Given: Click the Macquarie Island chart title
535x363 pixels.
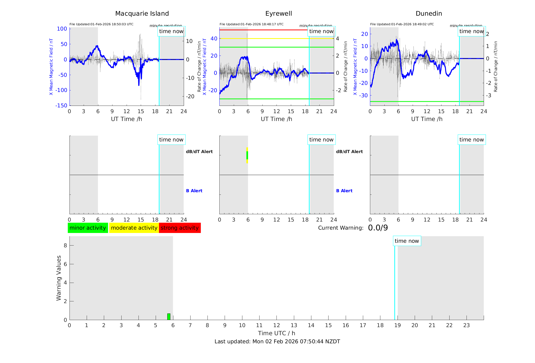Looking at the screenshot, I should (x=142, y=14).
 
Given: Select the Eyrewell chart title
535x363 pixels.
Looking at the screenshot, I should (x=278, y=14).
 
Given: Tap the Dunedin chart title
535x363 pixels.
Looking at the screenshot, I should (x=429, y=14).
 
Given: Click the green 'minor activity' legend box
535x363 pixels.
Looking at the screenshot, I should (x=88, y=228).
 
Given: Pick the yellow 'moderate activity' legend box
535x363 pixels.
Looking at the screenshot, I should (x=134, y=228).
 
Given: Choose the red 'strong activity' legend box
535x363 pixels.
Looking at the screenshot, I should (x=180, y=228).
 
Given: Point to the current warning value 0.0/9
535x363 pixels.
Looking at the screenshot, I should (x=378, y=228).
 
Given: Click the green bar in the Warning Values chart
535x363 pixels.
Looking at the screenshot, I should (x=169, y=317).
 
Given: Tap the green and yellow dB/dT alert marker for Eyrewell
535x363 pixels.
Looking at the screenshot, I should (x=247, y=155).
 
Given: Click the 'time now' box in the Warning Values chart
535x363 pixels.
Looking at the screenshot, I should (x=407, y=241).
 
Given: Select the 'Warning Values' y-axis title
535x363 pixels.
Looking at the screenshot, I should (x=59, y=278).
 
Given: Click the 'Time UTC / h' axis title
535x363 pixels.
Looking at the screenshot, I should (x=276, y=333).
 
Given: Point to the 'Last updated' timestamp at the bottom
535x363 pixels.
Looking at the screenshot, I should (x=277, y=342).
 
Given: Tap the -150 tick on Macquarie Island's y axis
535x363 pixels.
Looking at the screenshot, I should (x=61, y=106).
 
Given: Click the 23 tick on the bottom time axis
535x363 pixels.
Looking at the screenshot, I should (x=467, y=325).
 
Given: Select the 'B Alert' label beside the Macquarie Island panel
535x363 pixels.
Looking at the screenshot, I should (x=194, y=191).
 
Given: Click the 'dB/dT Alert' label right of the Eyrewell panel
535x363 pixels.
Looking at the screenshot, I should (x=349, y=152).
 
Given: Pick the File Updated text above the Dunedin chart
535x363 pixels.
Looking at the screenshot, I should (x=402, y=24).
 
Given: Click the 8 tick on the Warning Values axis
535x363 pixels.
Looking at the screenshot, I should (x=65, y=245).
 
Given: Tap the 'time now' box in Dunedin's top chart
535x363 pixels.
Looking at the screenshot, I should (x=471, y=31).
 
